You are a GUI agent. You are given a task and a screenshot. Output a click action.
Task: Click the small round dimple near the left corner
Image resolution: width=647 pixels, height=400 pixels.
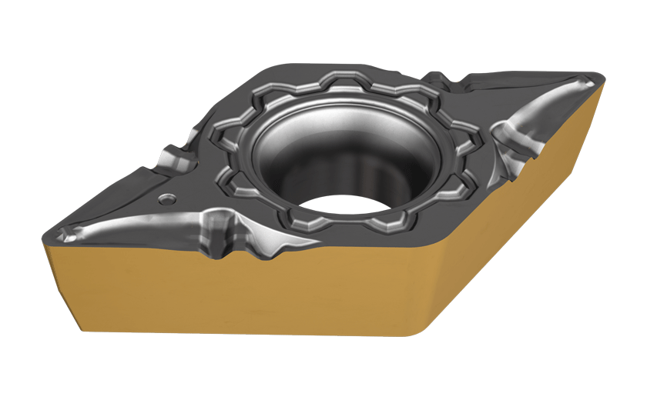tap(163, 199)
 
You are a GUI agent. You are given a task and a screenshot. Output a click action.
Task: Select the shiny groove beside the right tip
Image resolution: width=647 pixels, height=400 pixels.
tap(539, 112)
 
